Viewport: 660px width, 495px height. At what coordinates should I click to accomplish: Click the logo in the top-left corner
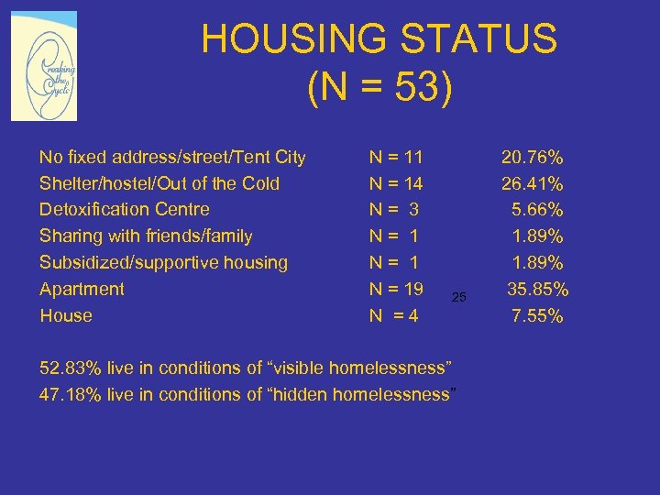tap(44, 66)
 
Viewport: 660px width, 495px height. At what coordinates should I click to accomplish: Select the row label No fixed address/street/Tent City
tap(172, 157)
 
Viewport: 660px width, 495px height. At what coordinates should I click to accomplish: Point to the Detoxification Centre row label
tap(125, 209)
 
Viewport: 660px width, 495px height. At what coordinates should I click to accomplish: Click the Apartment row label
tap(82, 289)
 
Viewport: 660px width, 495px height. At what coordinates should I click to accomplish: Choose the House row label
tap(66, 315)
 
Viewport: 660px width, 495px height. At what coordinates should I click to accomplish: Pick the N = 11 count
tap(395, 157)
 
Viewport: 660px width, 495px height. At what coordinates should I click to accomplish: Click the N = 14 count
tap(395, 183)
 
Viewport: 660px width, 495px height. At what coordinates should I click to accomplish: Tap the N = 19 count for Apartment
tap(395, 289)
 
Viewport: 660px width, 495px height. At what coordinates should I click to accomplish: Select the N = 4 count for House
tap(393, 315)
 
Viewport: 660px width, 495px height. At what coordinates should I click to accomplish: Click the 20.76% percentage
tap(532, 157)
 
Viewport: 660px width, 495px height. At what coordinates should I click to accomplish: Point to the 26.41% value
tap(532, 183)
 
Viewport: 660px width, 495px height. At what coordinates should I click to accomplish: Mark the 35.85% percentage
tap(538, 290)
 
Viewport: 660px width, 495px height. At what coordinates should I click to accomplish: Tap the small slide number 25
tap(459, 297)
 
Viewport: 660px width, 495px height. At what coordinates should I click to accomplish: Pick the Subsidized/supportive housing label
tap(163, 262)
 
